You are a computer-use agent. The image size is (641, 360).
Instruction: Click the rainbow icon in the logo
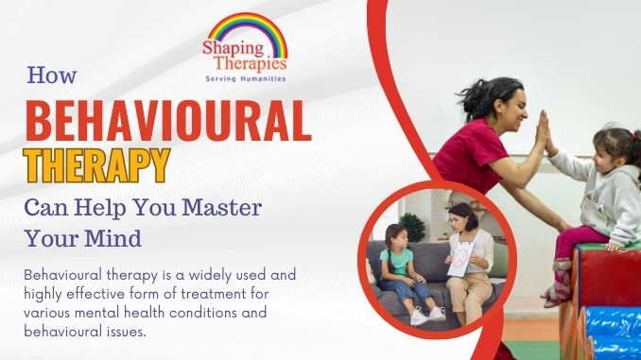(247, 30)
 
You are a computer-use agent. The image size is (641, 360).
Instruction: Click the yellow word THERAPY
(96, 166)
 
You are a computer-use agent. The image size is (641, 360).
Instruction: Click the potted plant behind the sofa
(412, 227)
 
